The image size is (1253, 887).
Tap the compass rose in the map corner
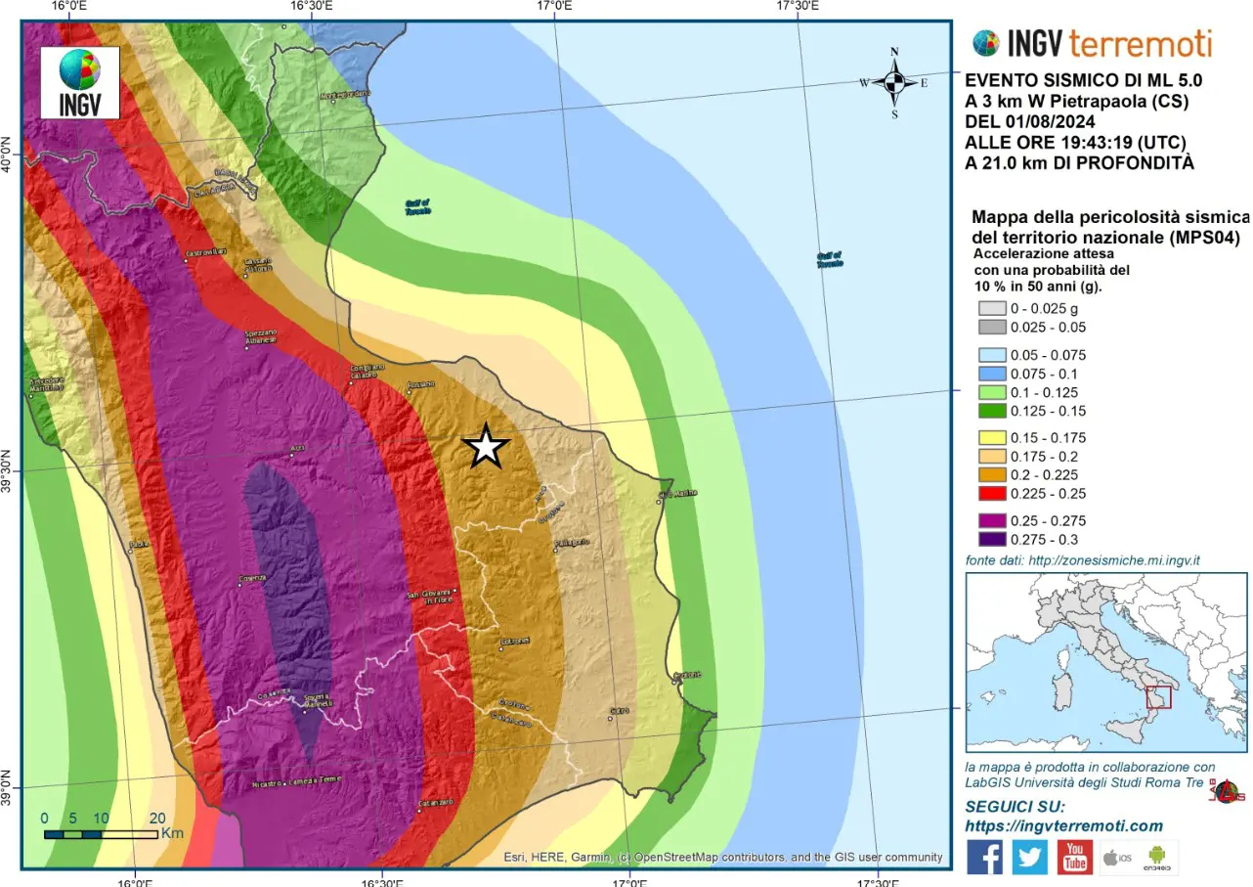click(x=894, y=83)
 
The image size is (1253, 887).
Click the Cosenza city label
click(x=252, y=579)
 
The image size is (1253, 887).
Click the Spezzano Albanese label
click(x=261, y=336)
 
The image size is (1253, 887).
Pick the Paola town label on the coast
click(x=138, y=545)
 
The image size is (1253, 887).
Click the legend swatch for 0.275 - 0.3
click(x=991, y=539)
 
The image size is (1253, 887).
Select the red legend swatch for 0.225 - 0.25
click(x=991, y=493)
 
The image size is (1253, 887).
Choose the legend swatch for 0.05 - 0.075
click(x=991, y=355)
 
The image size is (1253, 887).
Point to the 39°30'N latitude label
click(x=11, y=471)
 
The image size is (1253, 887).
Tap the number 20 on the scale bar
click(x=156, y=819)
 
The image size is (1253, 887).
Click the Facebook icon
click(x=984, y=857)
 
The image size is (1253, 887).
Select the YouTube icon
click(x=1074, y=857)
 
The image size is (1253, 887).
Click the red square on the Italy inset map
click(x=1158, y=697)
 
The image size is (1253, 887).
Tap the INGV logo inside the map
click(x=80, y=83)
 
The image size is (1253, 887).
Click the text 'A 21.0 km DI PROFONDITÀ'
click(x=1079, y=163)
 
